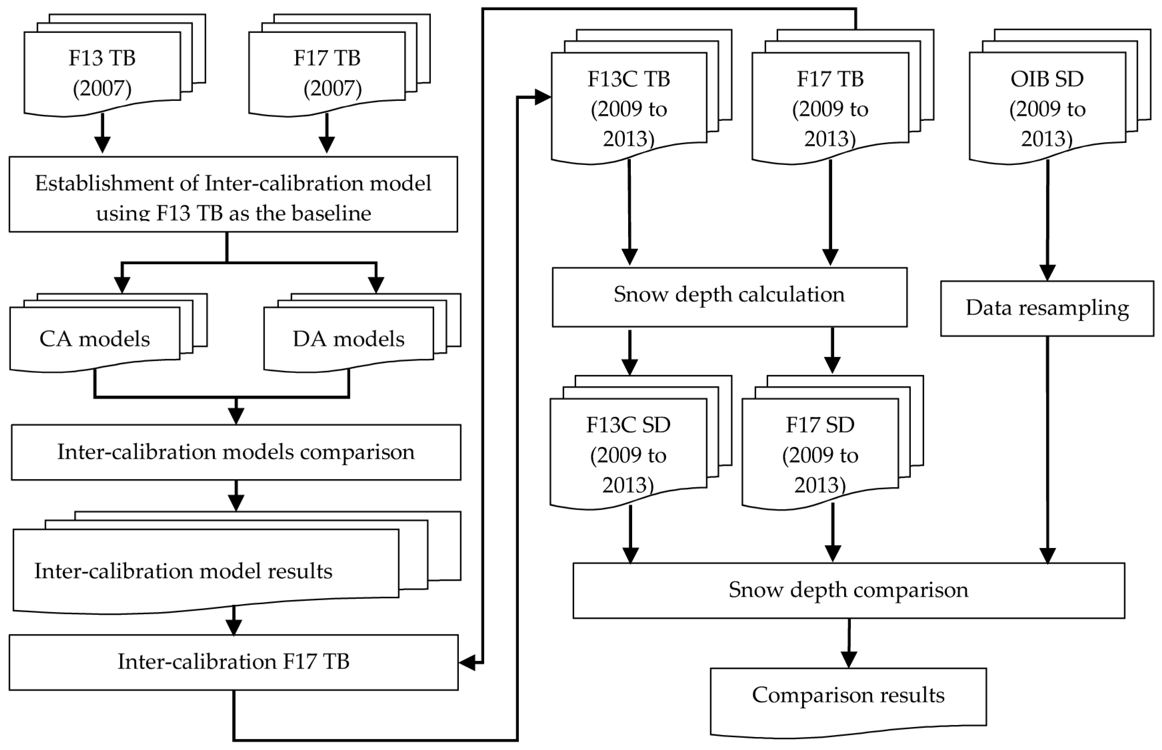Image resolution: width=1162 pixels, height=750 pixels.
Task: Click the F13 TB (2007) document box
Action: coord(102,73)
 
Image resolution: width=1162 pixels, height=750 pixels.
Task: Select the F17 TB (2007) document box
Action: coord(327,73)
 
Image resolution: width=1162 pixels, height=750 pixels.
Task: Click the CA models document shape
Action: coord(95,339)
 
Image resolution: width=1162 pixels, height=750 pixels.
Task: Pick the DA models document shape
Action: coord(349,339)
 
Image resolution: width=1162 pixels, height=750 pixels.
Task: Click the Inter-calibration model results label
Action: coord(183,571)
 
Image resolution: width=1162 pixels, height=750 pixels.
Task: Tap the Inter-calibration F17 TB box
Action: coord(233,661)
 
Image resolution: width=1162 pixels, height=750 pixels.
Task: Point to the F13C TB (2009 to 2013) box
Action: coord(629,108)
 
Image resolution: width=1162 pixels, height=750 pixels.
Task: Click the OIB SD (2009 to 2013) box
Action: coord(1047,108)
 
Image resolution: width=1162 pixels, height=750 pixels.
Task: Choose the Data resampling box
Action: coord(1047,308)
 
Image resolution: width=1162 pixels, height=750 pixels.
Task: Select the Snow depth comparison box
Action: coord(848,590)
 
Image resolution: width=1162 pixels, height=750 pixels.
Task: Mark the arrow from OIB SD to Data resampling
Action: coord(1048,219)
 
